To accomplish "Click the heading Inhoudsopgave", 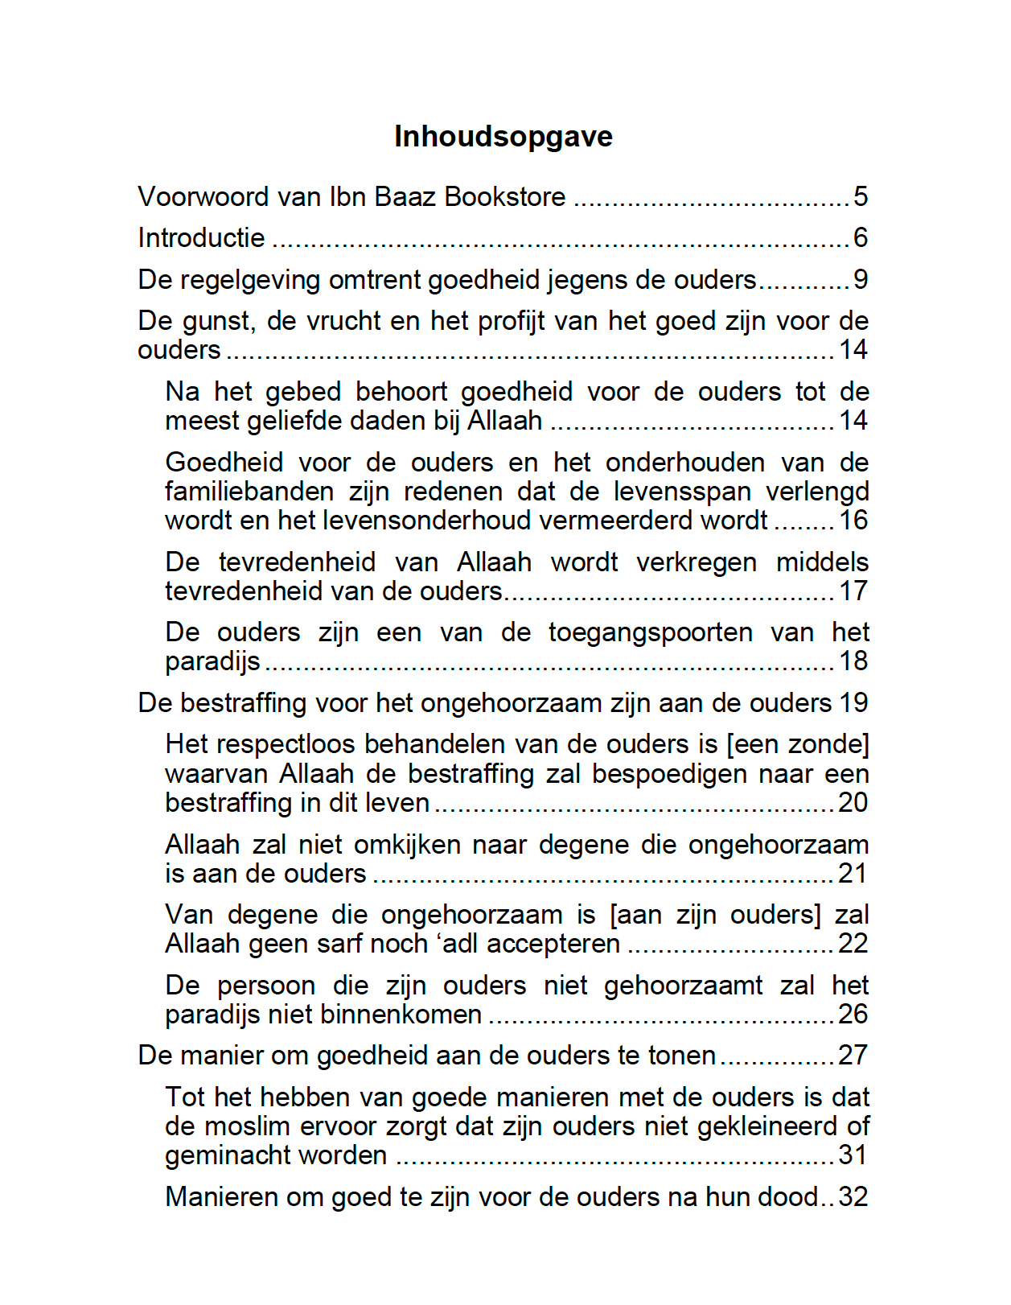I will [503, 137].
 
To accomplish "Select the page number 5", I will [861, 197].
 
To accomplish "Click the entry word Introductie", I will [201, 238].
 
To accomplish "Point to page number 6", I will [861, 238].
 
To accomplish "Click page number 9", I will [861, 280].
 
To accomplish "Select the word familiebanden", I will [249, 492].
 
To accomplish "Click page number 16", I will [853, 521].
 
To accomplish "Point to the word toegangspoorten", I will [650, 632].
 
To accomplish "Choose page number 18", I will [853, 661].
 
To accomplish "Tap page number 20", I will [853, 803].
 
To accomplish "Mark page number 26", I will [853, 1015].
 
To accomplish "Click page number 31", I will [853, 1155].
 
